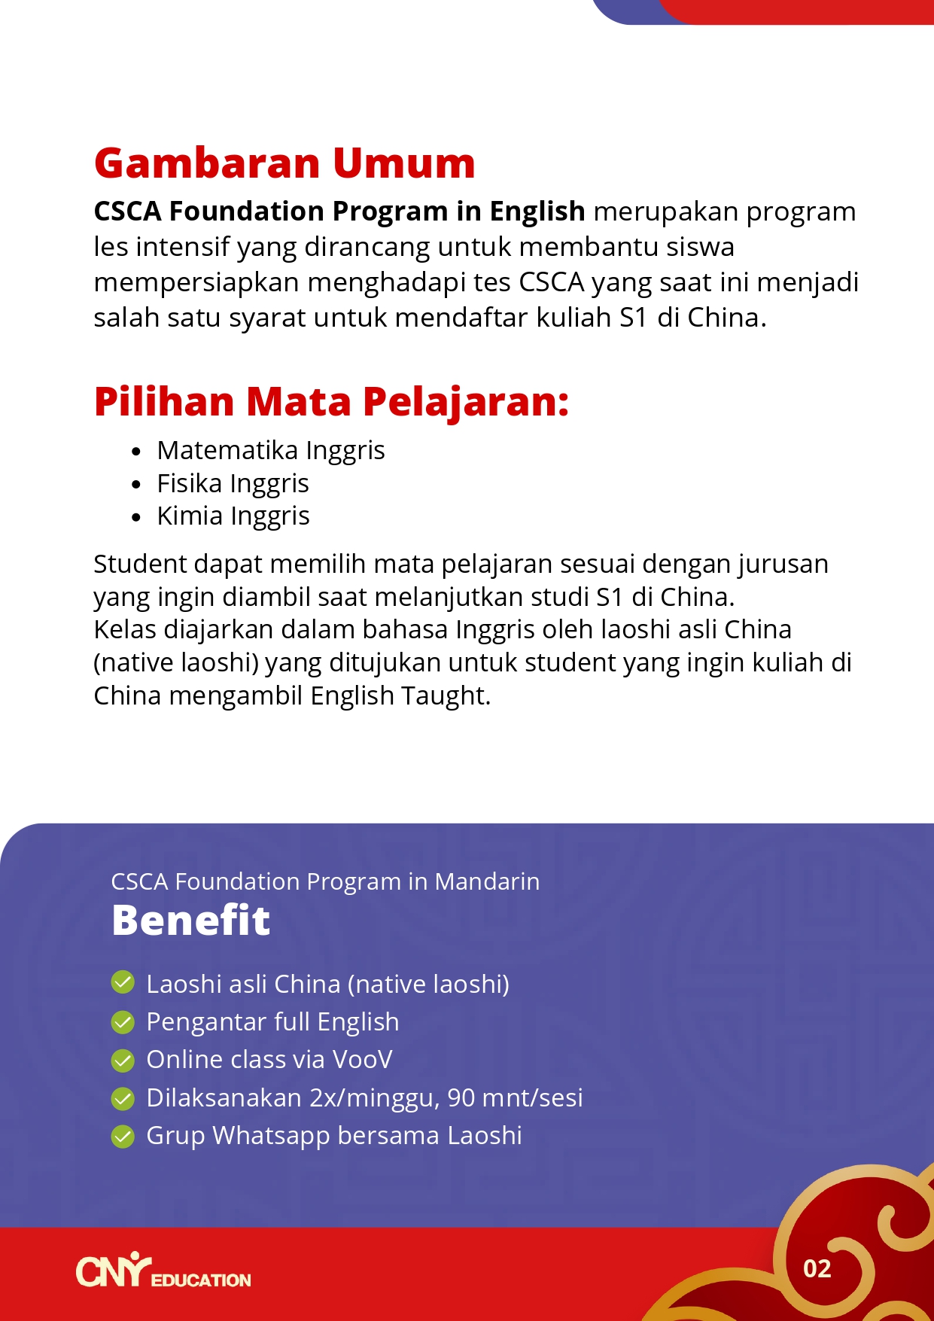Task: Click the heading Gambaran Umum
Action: pos(284,163)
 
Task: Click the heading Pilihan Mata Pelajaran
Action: pos(331,401)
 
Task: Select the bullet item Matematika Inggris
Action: pos(271,450)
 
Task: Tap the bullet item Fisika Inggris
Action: pos(233,483)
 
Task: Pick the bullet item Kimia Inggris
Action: pos(233,516)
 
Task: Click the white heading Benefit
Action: pos(190,921)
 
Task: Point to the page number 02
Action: pos(817,1269)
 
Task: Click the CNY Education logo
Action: pos(163,1271)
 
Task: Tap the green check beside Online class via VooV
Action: pos(123,1060)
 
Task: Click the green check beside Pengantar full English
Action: pos(123,1022)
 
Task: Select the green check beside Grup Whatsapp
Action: pos(123,1136)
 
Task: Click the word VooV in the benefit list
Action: pos(362,1060)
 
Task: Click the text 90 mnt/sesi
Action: pos(515,1098)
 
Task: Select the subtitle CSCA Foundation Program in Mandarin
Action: pos(325,881)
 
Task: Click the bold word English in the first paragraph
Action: pos(537,212)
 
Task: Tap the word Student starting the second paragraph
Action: pos(140,564)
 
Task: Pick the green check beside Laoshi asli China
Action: pos(123,983)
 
